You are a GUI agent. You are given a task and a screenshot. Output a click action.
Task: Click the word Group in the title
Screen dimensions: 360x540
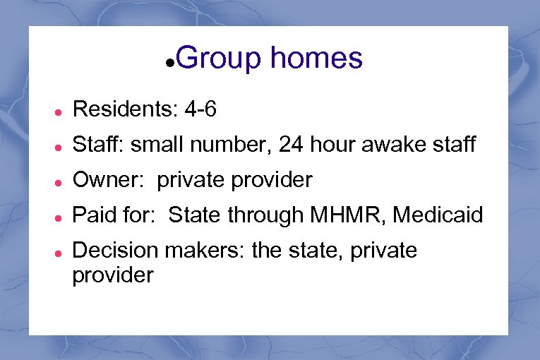tap(219, 59)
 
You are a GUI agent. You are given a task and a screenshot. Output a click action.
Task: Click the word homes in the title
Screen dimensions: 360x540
tap(316, 58)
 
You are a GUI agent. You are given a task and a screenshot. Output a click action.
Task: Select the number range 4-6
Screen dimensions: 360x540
tap(200, 109)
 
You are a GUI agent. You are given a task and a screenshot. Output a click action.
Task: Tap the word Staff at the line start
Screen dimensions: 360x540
tap(97, 145)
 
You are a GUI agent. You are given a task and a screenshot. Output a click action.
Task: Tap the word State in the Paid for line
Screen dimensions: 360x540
tap(193, 215)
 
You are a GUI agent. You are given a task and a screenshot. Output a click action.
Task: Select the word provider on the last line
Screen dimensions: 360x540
tap(113, 275)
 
